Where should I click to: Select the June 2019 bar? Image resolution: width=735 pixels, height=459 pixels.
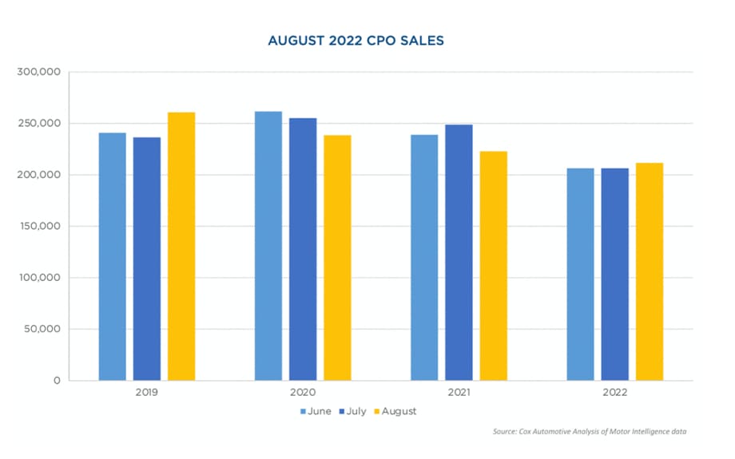112,256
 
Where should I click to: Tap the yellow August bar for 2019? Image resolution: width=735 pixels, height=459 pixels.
181,247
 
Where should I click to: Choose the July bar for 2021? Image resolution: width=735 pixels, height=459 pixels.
459,252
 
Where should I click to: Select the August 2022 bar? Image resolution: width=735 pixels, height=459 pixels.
650,271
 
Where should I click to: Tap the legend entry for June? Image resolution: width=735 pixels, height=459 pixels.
317,411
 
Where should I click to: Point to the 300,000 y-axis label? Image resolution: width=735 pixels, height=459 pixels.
39,73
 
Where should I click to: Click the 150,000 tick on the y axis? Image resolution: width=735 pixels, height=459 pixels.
39,227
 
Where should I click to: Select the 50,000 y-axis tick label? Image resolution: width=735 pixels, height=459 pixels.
42,329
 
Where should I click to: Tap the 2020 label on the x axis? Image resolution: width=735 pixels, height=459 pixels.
303,393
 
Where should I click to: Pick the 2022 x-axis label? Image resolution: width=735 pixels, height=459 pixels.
615,393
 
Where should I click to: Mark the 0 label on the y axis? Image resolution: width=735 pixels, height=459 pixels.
57,381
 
